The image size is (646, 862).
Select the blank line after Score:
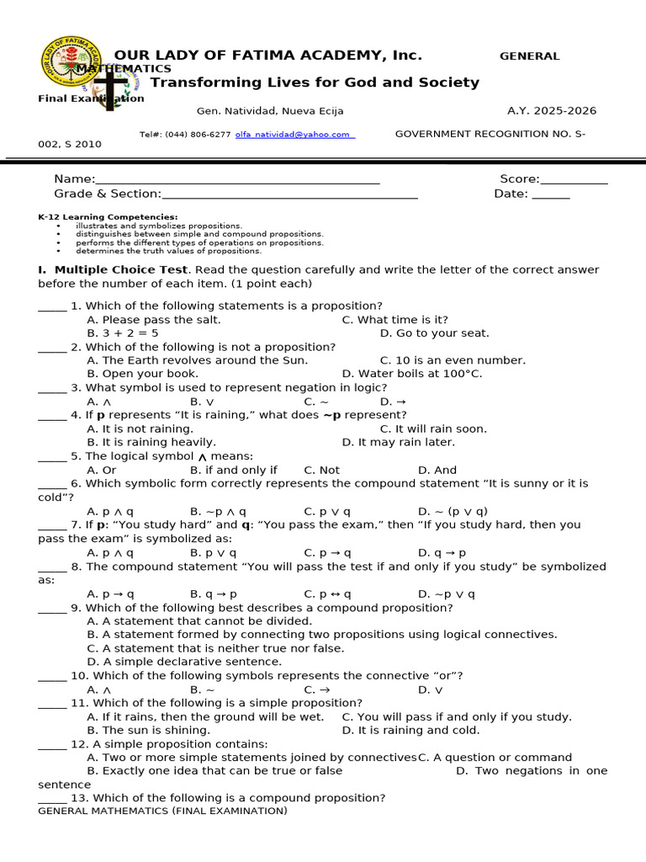pos(574,180)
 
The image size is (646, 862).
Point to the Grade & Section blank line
pos(290,195)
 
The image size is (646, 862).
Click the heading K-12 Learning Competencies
pos(108,217)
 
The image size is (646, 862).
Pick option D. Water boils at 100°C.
pos(412,374)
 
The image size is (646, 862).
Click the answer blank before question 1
pos(52,307)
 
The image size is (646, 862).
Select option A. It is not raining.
pos(129,428)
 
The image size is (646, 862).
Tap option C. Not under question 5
pos(322,470)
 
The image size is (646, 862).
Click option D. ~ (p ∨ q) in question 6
pos(453,511)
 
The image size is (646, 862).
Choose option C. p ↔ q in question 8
pos(328,593)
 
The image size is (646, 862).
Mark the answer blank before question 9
pos(52,609)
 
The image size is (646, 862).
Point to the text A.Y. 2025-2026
pos(552,111)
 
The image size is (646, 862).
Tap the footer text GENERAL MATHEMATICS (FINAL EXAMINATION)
pos(163,811)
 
